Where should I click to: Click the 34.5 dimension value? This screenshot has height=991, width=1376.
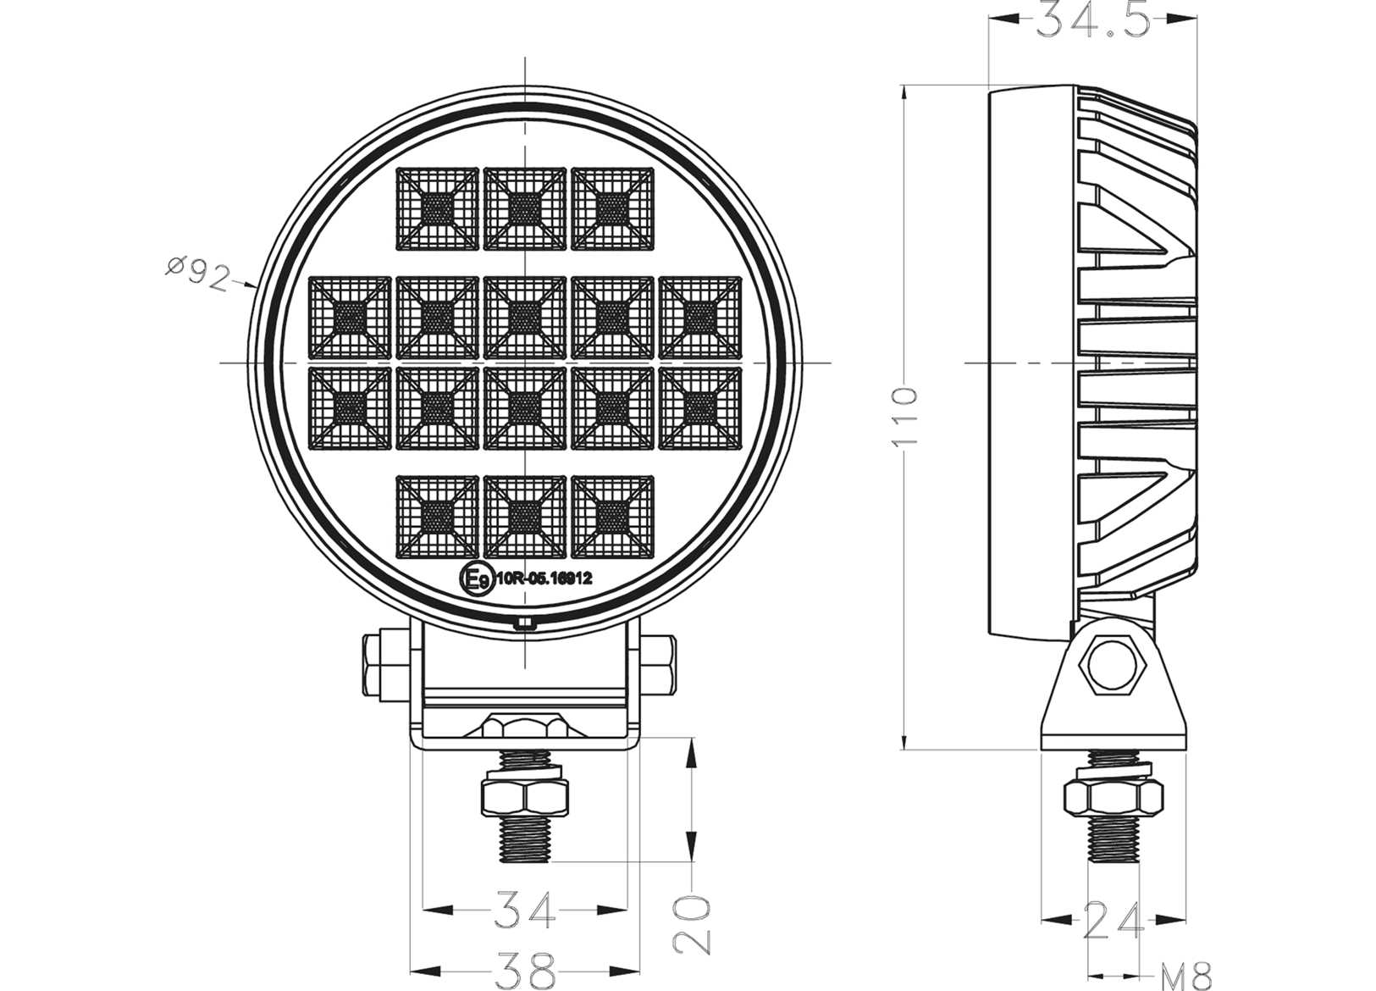1093,19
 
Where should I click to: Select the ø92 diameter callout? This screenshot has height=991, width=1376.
197,273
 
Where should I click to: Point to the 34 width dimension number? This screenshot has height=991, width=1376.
525,910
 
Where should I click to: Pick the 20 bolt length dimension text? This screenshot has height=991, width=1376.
693,925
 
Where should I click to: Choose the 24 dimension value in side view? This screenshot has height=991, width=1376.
1113,921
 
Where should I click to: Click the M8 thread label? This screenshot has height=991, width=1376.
1185,976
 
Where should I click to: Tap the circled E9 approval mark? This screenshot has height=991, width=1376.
475,579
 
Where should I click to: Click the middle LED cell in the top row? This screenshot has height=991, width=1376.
525,208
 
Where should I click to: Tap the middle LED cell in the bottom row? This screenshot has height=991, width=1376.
525,516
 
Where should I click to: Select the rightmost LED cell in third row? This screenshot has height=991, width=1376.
699,407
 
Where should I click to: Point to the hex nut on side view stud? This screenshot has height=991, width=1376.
1113,797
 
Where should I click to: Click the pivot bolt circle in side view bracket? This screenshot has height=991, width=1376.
1112,664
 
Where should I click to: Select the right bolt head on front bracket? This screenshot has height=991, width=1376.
658,664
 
